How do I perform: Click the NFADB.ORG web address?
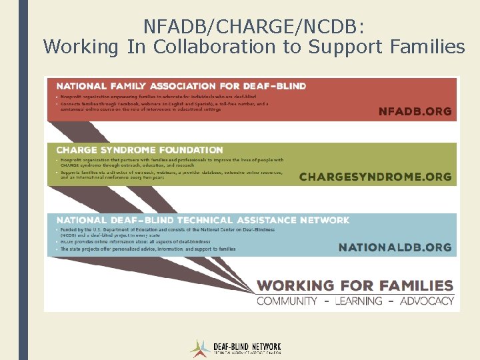415,111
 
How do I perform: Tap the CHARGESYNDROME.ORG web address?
375,177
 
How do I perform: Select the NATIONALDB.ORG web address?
395,247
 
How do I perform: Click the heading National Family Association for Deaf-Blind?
181,86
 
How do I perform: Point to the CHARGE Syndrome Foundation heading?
139,150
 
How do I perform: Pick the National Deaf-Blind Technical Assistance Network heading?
203,220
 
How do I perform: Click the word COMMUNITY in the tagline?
287,301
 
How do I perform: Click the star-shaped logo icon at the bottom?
199,348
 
